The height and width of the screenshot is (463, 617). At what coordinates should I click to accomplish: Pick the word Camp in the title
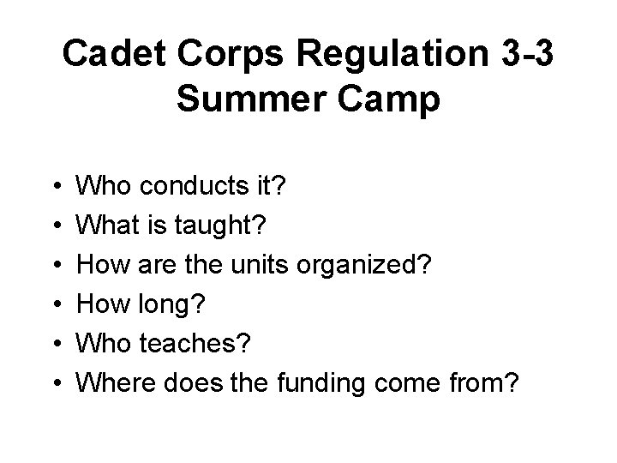(392, 100)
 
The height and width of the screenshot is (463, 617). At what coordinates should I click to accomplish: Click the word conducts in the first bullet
(186, 183)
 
